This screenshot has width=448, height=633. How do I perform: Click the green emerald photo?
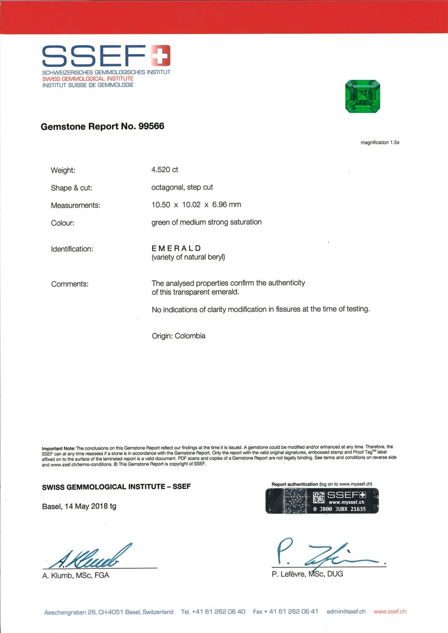[363, 96]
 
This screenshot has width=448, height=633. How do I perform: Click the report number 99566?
[151, 126]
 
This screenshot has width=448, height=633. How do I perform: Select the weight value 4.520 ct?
[165, 170]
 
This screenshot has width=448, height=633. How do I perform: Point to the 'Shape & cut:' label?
[71, 188]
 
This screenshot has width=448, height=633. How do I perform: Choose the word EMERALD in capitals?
[176, 248]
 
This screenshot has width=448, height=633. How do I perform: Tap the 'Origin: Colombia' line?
[179, 336]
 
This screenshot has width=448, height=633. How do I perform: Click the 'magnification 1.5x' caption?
[380, 142]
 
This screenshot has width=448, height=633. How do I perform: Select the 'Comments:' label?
[70, 284]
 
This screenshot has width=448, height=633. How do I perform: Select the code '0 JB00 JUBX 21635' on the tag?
[339, 509]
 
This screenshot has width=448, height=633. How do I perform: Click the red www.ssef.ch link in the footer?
[390, 611]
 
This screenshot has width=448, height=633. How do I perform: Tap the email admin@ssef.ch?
[346, 611]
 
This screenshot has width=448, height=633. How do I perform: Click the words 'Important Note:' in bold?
[58, 448]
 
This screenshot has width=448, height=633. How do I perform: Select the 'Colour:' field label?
[63, 223]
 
